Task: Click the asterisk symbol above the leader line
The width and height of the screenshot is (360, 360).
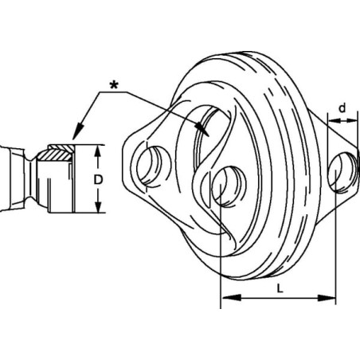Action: tap(114, 85)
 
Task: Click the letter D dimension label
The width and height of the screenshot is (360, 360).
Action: tap(98, 180)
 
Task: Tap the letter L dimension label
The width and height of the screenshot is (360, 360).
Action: tap(280, 288)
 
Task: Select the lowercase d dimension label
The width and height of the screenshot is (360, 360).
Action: tap(342, 108)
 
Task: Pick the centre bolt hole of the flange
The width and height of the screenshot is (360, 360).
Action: tap(229, 186)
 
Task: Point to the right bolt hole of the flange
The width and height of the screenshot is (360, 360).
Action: tap(342, 173)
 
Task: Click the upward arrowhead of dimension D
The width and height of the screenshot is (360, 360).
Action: tap(98, 151)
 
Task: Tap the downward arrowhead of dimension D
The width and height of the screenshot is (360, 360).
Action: tap(98, 206)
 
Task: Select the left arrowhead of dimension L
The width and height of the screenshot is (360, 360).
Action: tap(232, 298)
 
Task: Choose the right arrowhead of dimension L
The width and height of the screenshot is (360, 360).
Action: tap(327, 298)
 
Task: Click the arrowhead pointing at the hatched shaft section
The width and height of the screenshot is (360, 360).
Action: tap(78, 131)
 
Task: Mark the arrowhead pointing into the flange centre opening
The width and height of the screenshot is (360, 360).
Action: tap(202, 129)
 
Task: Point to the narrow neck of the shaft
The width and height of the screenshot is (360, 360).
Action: tap(30, 179)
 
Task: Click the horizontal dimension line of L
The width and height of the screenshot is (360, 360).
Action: tap(279, 298)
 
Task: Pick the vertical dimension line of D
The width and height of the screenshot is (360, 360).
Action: tap(98, 179)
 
